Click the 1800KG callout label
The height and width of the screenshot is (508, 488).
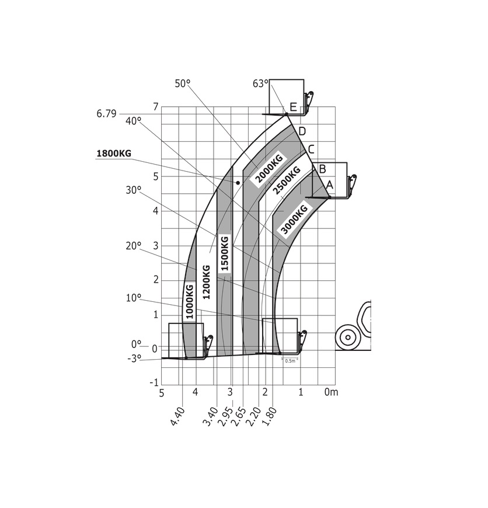pyautogui.click(x=114, y=153)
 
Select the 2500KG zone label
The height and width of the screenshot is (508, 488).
pyautogui.click(x=287, y=180)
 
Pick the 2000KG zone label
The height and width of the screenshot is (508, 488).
pyautogui.click(x=269, y=169)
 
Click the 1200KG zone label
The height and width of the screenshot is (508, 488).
pyautogui.click(x=206, y=282)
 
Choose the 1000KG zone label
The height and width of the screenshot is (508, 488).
pyautogui.click(x=189, y=301)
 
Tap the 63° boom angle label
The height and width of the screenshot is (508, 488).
pyautogui.click(x=260, y=83)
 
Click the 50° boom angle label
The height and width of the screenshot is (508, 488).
pyautogui.click(x=182, y=83)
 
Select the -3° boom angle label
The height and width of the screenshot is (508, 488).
pyautogui.click(x=134, y=359)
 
